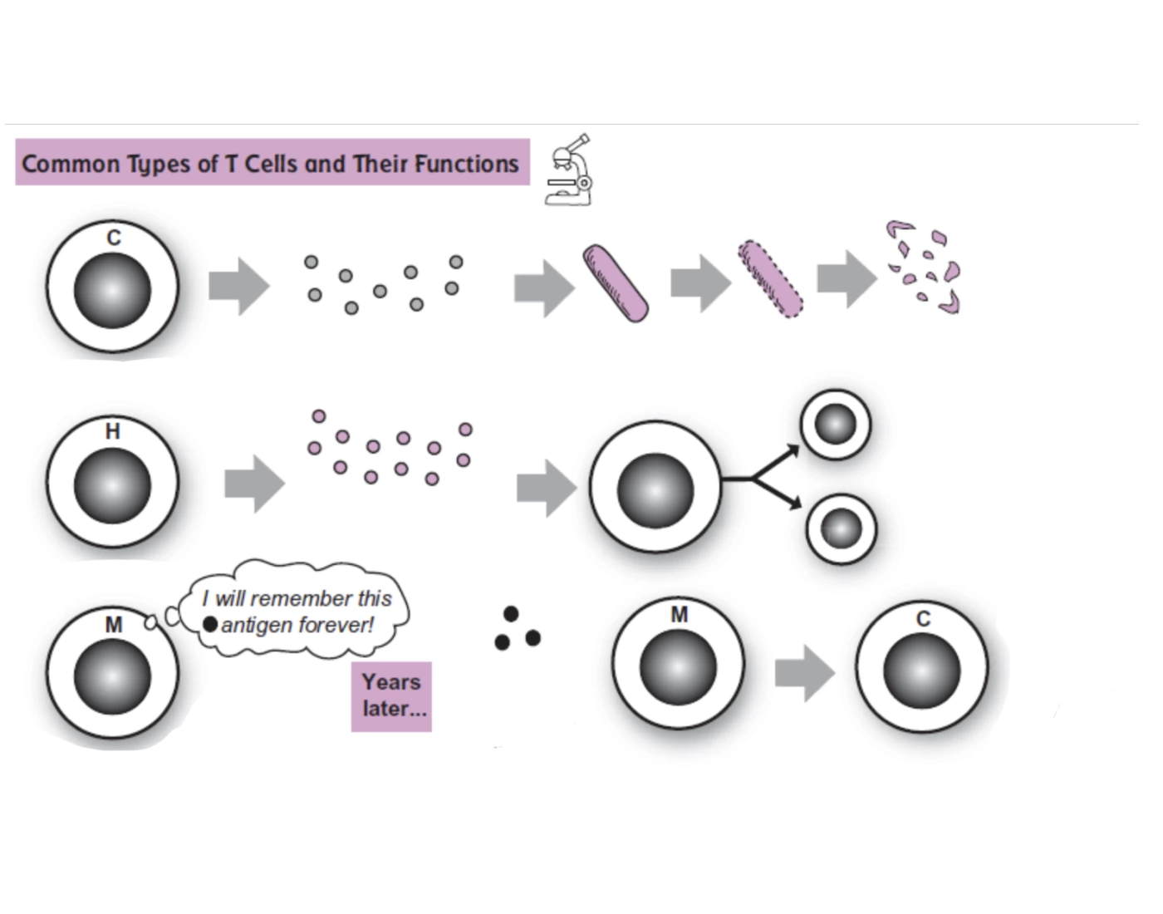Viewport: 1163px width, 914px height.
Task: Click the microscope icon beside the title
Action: [x=569, y=170]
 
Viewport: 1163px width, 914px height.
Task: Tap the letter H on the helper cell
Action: [x=113, y=431]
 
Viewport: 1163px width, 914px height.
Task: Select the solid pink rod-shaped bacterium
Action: [x=615, y=283]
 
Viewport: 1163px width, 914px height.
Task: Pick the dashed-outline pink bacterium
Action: [x=770, y=279]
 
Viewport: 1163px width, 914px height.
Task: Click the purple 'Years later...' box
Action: [x=391, y=696]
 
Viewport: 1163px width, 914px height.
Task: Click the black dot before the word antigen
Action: [x=210, y=624]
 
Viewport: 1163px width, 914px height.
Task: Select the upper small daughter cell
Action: [x=836, y=425]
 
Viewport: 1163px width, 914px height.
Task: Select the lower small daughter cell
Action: [x=841, y=529]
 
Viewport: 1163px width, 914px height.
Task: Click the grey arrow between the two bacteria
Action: [x=700, y=283]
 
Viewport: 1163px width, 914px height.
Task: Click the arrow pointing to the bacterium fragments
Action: [x=846, y=279]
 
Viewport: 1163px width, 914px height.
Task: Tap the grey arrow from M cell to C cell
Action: [x=804, y=673]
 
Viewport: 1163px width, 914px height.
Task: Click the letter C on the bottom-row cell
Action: [x=923, y=619]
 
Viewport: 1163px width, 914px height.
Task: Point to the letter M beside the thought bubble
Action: [x=114, y=625]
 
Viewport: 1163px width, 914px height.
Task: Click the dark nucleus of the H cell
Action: [x=112, y=486]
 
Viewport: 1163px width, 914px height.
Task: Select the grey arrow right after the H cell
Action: [x=254, y=484]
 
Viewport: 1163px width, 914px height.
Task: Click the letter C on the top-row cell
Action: [x=114, y=238]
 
